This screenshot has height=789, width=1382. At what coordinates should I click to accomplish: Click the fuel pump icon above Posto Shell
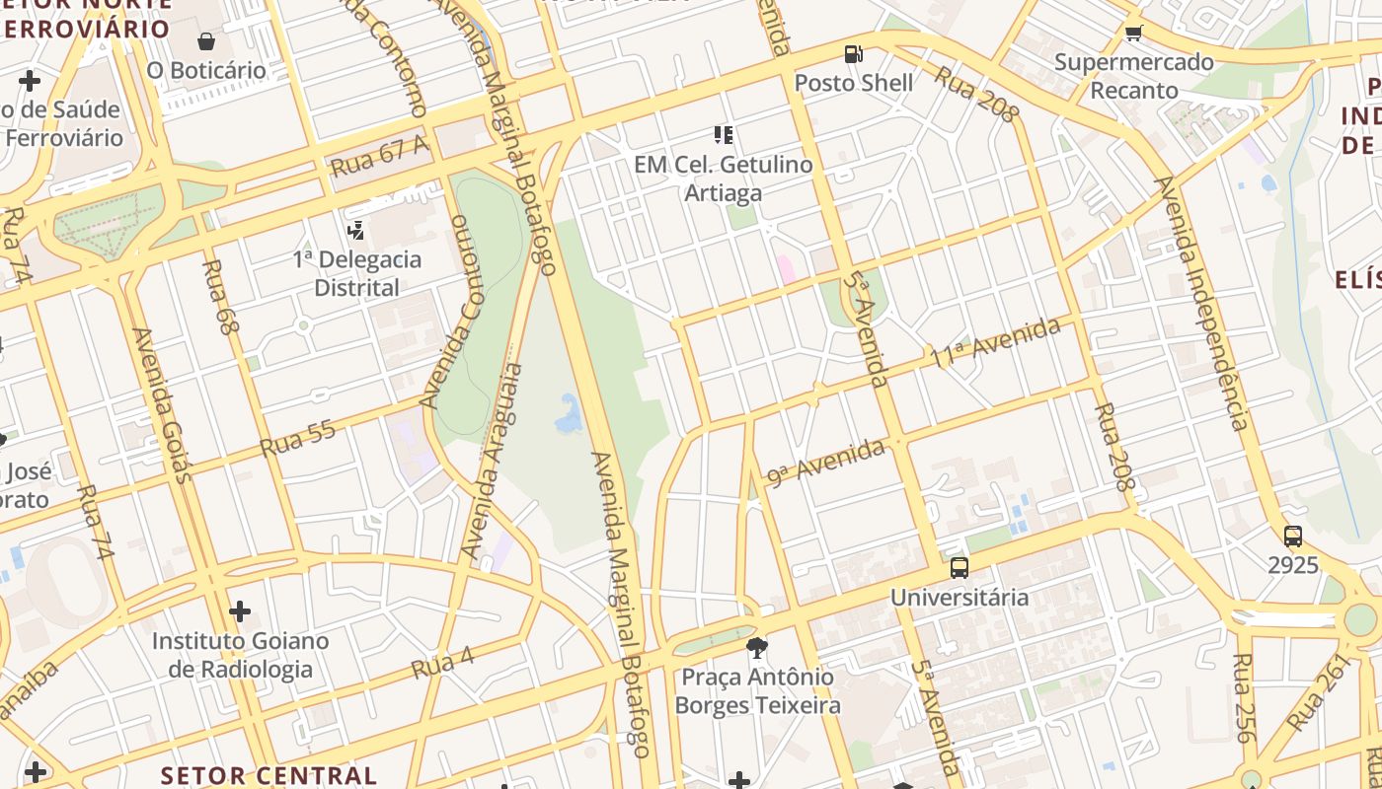(x=853, y=54)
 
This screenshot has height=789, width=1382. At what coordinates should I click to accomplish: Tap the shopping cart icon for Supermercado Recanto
(x=1133, y=34)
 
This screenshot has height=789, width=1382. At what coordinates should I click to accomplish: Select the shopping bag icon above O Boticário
(x=206, y=41)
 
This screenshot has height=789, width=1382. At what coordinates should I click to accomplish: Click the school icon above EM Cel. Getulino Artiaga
(x=724, y=135)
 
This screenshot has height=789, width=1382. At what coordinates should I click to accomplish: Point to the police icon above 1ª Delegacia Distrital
(x=356, y=231)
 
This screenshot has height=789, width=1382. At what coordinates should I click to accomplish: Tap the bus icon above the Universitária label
(x=959, y=568)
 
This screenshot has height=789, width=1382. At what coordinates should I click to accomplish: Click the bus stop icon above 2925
(x=1292, y=537)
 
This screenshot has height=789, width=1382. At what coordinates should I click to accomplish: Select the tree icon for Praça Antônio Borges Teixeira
(x=757, y=648)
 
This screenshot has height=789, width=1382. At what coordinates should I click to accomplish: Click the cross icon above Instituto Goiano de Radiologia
(x=240, y=612)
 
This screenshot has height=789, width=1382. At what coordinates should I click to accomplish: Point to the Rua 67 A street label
(x=381, y=157)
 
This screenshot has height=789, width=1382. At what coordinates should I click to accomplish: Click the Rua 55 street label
(x=297, y=439)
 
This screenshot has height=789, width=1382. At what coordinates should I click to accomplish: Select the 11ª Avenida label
(x=995, y=343)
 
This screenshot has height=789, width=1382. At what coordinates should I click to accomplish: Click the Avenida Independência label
(x=1204, y=303)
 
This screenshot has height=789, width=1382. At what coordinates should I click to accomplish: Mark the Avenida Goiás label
(x=159, y=404)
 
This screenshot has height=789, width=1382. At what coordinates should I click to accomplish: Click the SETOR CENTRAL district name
(x=269, y=775)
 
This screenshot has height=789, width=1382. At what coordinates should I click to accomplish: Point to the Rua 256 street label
(x=1244, y=697)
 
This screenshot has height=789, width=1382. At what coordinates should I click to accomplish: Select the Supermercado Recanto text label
(x=1133, y=76)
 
